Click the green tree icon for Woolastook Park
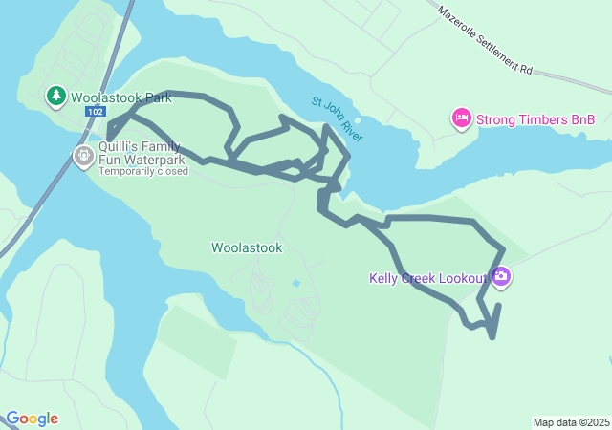point(56,96)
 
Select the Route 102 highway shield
point(95,112)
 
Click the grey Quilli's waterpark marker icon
point(84,154)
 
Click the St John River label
point(336,119)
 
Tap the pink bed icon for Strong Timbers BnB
point(461,118)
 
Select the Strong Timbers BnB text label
point(535,119)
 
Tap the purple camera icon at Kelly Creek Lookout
point(501,278)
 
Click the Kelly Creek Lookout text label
point(428,279)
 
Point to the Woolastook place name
point(247,247)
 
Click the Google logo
point(32,419)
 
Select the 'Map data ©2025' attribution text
point(571,422)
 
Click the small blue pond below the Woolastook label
point(295,284)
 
